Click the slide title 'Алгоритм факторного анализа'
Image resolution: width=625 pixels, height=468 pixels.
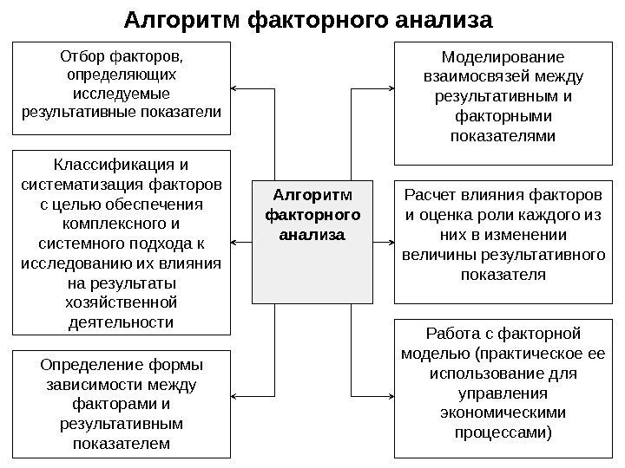tap(308, 19)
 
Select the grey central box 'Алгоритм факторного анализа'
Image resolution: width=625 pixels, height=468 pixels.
tap(312, 241)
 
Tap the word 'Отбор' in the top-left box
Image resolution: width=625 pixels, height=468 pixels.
tap(83, 57)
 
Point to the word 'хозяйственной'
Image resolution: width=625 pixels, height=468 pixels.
tap(122, 303)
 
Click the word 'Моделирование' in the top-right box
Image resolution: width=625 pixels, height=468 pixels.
tap(503, 58)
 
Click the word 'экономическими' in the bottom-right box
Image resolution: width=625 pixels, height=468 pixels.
tap(503, 412)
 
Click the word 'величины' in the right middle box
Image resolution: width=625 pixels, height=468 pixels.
tap(436, 256)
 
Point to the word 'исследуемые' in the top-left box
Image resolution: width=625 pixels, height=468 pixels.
tap(122, 94)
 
